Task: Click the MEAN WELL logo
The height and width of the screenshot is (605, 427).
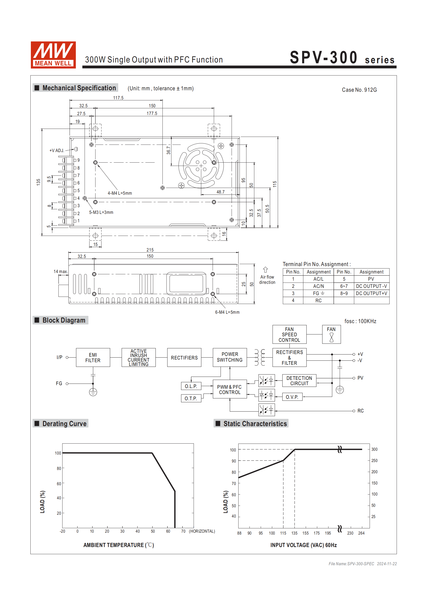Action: (x=53, y=55)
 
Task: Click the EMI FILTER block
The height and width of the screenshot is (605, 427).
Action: (x=93, y=358)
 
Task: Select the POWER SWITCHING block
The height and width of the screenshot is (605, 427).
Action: (x=230, y=357)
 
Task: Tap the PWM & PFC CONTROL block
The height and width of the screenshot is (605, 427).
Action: (x=230, y=389)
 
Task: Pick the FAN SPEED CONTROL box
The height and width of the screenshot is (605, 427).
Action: (x=289, y=334)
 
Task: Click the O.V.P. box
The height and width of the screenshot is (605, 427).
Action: (x=292, y=397)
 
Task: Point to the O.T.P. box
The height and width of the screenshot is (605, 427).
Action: (x=191, y=398)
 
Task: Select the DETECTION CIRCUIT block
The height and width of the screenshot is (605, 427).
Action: (x=299, y=381)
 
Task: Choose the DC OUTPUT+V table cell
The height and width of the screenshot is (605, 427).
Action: (x=372, y=293)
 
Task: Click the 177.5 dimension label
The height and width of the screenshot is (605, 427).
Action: (x=152, y=114)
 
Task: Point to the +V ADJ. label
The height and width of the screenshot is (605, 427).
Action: (x=57, y=150)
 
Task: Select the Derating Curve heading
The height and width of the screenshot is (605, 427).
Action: (x=64, y=424)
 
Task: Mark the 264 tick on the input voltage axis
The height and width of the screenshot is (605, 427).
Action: (x=361, y=533)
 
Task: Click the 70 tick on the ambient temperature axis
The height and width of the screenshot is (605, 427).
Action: (x=183, y=531)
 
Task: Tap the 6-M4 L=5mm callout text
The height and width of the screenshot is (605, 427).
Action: (x=227, y=312)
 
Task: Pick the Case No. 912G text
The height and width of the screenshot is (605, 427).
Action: (x=359, y=90)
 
